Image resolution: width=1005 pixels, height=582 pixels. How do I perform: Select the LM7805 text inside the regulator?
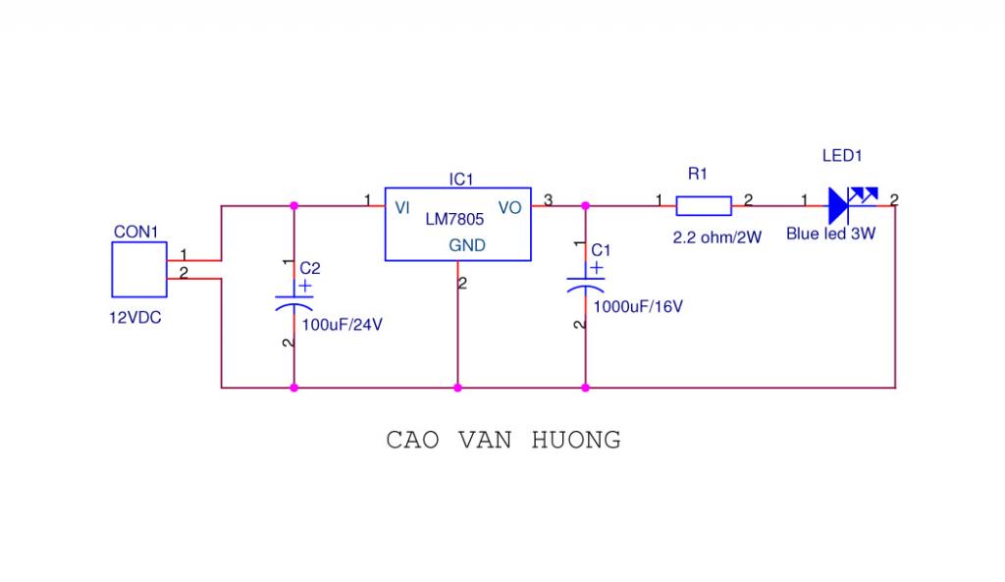point(454,221)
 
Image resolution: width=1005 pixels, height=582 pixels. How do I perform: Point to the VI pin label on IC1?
point(402,207)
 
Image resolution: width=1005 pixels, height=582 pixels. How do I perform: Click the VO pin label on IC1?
point(510,207)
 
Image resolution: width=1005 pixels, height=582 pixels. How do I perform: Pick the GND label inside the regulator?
point(467,245)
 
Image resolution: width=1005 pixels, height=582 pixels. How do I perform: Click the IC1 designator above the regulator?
point(461,180)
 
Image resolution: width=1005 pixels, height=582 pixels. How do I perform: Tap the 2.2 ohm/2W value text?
point(716,238)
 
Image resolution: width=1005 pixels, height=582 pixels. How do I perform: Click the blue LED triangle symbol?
point(837,205)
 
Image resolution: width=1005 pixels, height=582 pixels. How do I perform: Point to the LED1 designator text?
point(841,156)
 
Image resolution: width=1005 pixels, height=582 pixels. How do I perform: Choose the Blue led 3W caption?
point(830,235)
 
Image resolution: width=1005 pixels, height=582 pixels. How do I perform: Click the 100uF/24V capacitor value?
point(342,325)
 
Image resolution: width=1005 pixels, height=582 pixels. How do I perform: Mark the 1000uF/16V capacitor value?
point(638,306)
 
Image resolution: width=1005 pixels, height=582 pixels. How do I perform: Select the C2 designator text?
point(310,267)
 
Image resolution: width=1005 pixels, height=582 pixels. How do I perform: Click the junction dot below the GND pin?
point(457,388)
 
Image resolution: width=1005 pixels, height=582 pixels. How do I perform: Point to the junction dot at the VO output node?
point(586,206)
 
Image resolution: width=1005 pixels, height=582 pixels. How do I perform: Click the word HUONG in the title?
point(576,440)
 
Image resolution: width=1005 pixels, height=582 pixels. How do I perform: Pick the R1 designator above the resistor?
point(698,174)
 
